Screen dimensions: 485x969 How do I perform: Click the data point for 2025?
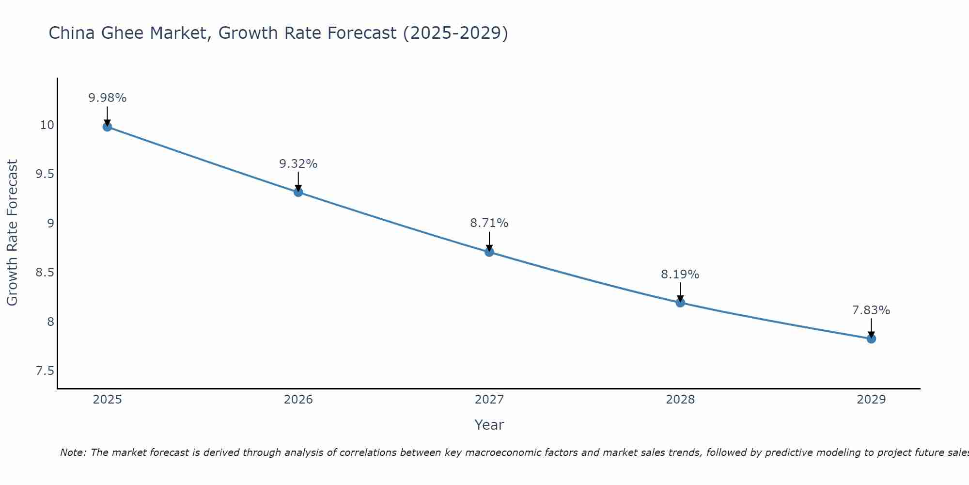107,127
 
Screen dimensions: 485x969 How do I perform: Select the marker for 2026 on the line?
298,192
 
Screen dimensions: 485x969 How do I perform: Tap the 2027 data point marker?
489,252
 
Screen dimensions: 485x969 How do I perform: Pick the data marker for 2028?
680,303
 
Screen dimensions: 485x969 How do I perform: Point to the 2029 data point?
871,339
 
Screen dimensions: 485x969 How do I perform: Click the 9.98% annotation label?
107,98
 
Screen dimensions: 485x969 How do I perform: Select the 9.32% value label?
298,164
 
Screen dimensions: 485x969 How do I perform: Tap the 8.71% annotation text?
489,223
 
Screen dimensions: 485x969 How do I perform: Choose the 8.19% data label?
680,275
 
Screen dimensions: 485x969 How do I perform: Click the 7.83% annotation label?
871,310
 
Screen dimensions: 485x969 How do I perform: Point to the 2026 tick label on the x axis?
298,400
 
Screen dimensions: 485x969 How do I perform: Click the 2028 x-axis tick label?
680,400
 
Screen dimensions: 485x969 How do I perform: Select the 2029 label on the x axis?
871,400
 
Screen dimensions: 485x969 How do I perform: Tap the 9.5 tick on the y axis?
45,174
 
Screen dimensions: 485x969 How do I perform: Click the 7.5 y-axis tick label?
45,371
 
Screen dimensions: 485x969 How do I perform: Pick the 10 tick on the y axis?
47,125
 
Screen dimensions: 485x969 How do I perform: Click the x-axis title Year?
489,425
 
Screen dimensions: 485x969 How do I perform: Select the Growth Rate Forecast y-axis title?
12,232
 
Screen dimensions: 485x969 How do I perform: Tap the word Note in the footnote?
73,453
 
